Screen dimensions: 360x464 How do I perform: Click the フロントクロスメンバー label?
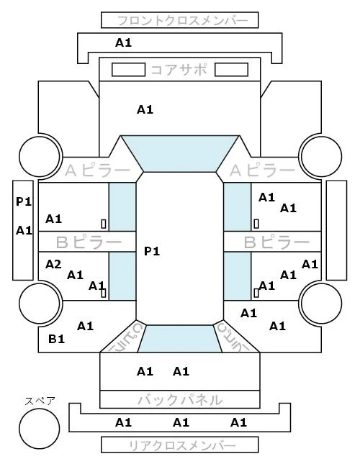tap(182, 21)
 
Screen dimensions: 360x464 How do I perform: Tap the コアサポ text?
tap(179, 70)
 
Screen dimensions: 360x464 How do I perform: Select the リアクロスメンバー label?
tap(182, 445)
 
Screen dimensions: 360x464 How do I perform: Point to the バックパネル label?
tap(180, 400)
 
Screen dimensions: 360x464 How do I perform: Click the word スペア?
tap(40, 401)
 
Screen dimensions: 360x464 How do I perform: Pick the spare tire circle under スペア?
tap(40, 429)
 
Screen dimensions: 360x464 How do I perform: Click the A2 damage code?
tap(53, 264)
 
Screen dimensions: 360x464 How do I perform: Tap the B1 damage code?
tap(56, 339)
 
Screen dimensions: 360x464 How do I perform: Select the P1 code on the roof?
tap(152, 251)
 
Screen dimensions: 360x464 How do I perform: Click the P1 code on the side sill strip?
tap(24, 201)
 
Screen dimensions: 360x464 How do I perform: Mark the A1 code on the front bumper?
tap(123, 43)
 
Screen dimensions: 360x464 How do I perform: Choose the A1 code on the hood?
tap(145, 110)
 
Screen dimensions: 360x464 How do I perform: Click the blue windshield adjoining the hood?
tap(180, 153)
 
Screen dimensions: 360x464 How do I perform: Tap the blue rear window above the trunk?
tap(180, 339)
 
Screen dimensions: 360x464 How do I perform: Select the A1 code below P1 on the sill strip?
tap(24, 230)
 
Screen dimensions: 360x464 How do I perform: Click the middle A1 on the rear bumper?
tap(181, 422)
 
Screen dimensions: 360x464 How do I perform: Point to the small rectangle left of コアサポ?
tap(128, 70)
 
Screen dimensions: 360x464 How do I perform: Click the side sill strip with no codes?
tap(336, 230)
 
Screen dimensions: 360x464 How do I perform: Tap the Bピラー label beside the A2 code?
tap(89, 242)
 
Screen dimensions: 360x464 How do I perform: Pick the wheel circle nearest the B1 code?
tap(40, 304)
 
